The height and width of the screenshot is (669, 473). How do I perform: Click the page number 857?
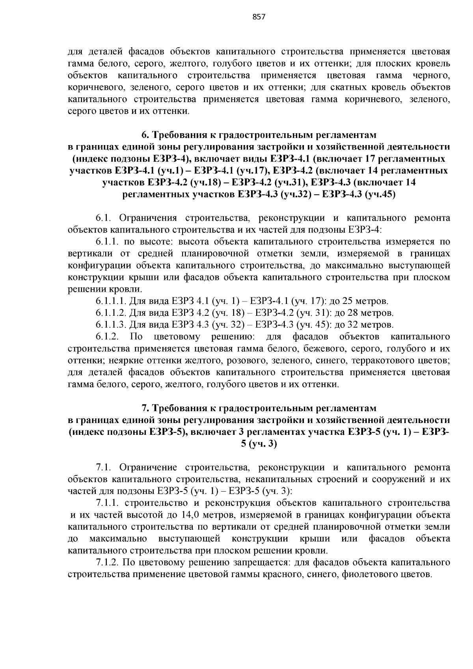pos(258,17)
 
